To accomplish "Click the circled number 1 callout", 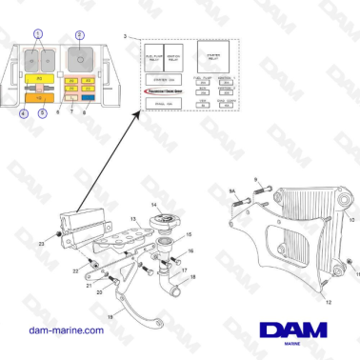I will point(38,33).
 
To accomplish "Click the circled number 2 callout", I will point(79,34).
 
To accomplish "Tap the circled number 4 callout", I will point(23,112).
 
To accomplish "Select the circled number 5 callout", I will point(41,112).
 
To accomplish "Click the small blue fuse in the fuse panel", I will point(88,97).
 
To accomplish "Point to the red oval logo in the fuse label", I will point(166,90).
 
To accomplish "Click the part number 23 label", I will point(42,244).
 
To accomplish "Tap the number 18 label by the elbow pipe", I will point(193,278).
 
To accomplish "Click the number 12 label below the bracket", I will point(303,299).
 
